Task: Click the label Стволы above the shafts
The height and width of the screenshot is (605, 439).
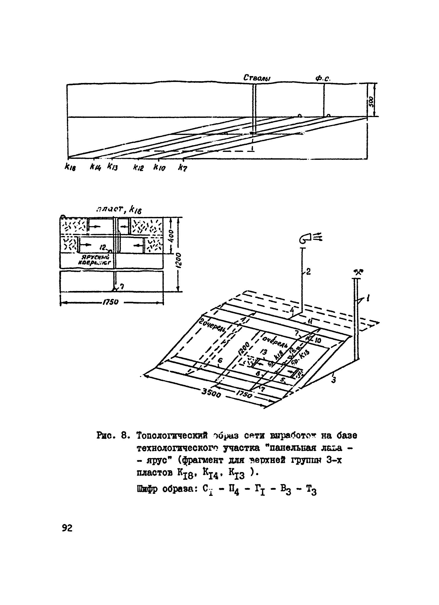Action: pyautogui.click(x=257, y=78)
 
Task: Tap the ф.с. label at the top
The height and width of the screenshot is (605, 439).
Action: pyautogui.click(x=323, y=78)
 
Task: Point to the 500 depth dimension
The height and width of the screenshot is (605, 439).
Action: pyautogui.click(x=371, y=101)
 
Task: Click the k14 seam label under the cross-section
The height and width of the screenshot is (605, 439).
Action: pyautogui.click(x=95, y=167)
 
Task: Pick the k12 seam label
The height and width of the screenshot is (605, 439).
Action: pyautogui.click(x=138, y=168)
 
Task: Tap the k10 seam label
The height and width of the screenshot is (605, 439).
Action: pyautogui.click(x=160, y=168)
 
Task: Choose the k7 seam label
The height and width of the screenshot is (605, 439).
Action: pyautogui.click(x=183, y=168)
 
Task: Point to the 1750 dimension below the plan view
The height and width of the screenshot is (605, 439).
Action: pyautogui.click(x=110, y=302)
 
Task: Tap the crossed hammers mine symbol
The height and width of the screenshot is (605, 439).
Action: pyautogui.click(x=359, y=272)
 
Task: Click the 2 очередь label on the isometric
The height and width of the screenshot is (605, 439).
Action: pyautogui.click(x=212, y=325)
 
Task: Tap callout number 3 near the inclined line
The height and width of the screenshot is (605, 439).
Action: pyautogui.click(x=333, y=380)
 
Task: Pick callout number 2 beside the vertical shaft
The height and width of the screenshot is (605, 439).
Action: pyautogui.click(x=308, y=272)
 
